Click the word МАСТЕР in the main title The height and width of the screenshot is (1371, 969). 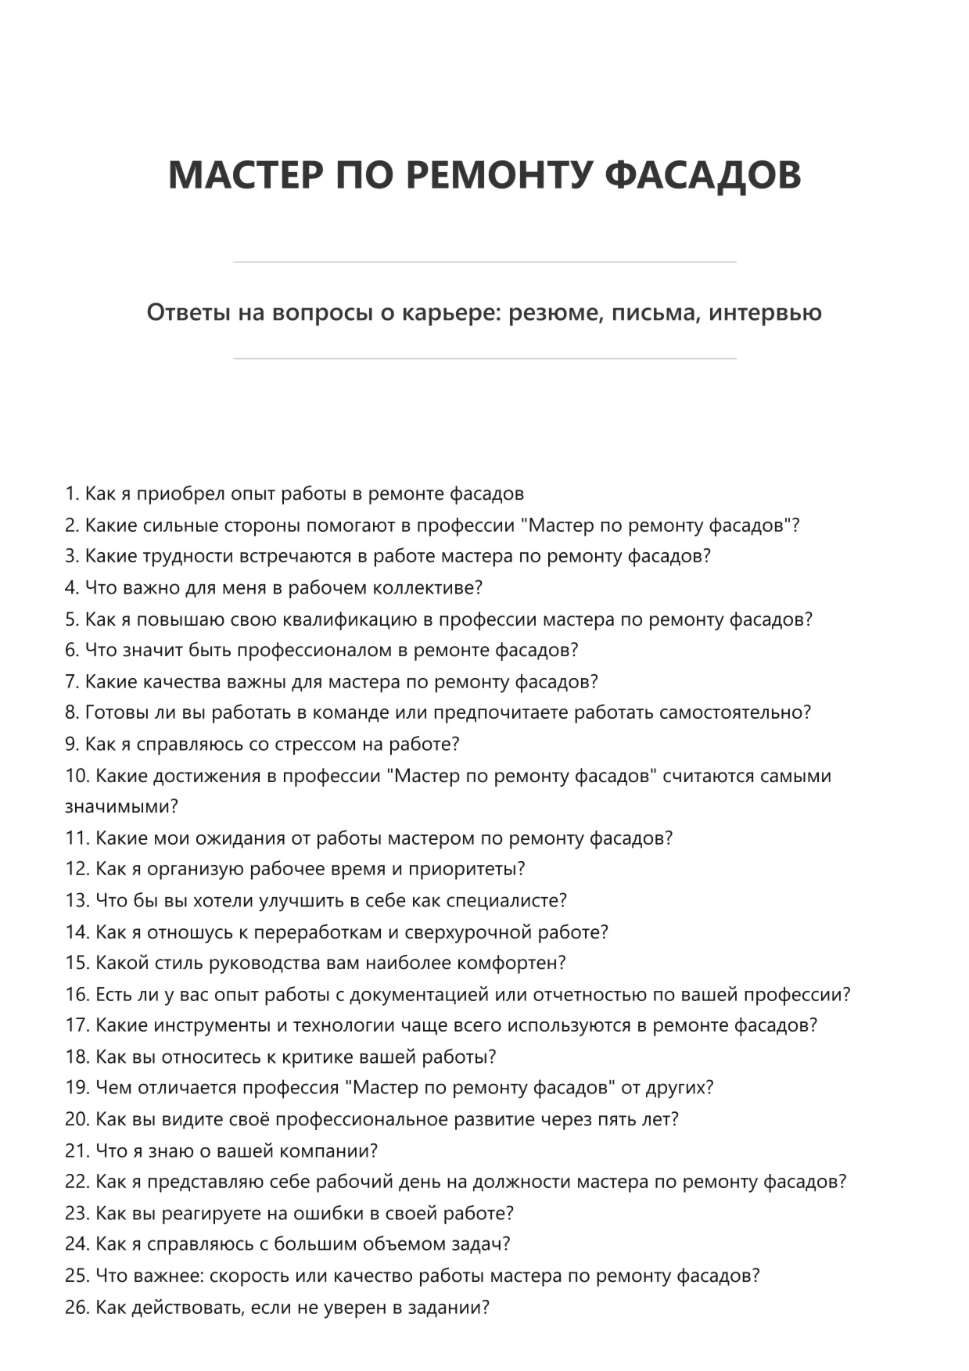pos(245,174)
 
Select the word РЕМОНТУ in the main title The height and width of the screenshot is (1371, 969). pos(499,174)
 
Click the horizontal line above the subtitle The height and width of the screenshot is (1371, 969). pos(484,262)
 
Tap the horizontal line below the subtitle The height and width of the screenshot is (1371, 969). pos(484,359)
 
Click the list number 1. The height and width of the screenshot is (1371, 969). pos(72,494)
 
